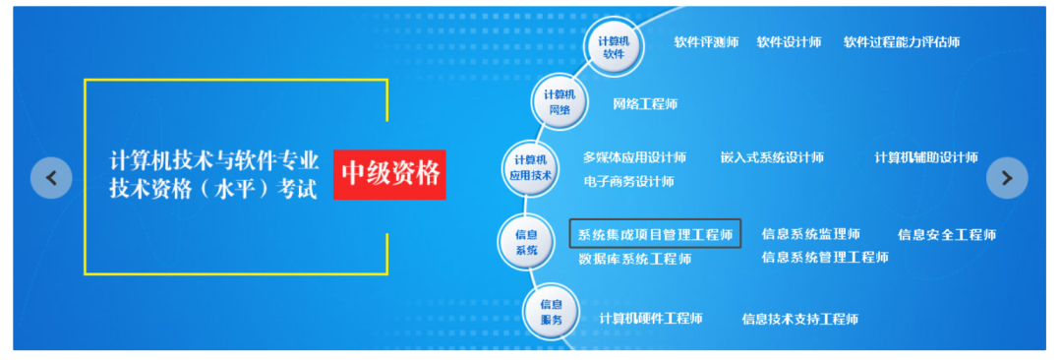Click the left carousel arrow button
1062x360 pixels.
click(51, 177)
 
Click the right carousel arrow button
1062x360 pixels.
click(1006, 177)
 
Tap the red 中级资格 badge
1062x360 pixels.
click(389, 174)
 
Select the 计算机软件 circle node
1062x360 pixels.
click(614, 46)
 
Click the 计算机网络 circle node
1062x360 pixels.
click(559, 101)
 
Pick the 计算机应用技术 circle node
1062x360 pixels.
click(530, 167)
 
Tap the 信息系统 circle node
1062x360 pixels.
click(526, 242)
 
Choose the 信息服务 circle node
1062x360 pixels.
click(551, 312)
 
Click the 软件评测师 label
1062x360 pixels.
click(705, 42)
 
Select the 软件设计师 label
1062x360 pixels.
click(789, 42)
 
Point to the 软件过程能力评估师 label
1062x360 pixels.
click(901, 42)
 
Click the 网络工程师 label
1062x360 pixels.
click(644, 103)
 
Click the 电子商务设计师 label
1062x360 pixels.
click(627, 181)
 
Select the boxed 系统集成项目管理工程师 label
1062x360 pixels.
click(655, 234)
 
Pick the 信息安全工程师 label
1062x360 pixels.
click(946, 234)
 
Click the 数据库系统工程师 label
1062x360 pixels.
click(634, 259)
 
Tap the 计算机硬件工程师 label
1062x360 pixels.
click(650, 318)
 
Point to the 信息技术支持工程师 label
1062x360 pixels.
click(799, 319)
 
